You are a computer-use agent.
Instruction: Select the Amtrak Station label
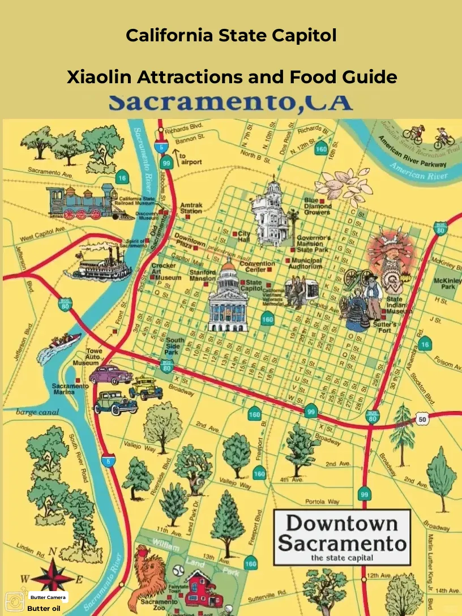[191, 208]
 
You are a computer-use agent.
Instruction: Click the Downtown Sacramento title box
[341, 537]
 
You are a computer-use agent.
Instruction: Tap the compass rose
[53, 576]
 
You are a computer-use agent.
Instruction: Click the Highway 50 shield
[422, 418]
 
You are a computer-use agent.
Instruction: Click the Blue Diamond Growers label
[318, 207]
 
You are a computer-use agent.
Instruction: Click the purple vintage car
[110, 374]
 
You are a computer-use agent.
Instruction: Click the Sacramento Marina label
[70, 388]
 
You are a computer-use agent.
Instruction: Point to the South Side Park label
[175, 346]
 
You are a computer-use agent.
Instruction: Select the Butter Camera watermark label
[48, 597]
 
